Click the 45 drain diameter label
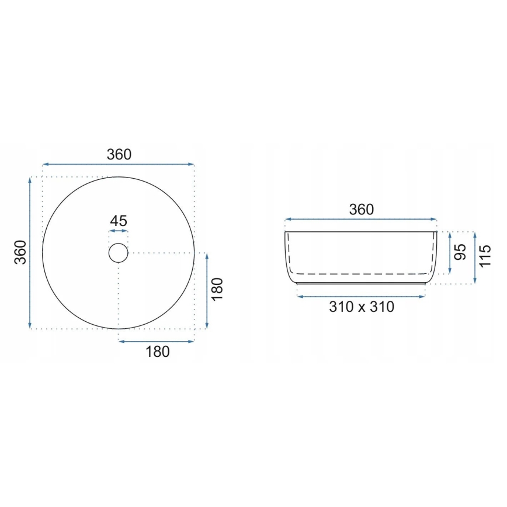pyautogui.click(x=119, y=221)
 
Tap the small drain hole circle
pyautogui.click(x=119, y=252)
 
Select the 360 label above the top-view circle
pyautogui.click(x=119, y=154)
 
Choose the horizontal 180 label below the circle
pyautogui.click(x=157, y=352)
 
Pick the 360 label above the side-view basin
pyautogui.click(x=360, y=209)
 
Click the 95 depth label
pyautogui.click(x=461, y=252)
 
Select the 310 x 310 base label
pyautogui.click(x=361, y=307)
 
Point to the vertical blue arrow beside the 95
pyautogui.click(x=450, y=252)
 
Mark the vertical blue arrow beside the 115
pyautogui.click(x=475, y=258)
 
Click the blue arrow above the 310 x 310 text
pyautogui.click(x=361, y=297)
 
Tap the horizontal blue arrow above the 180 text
pyautogui.click(x=156, y=341)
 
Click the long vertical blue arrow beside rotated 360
pyautogui.click(x=30, y=252)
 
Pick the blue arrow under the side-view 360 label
pyautogui.click(x=360, y=220)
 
